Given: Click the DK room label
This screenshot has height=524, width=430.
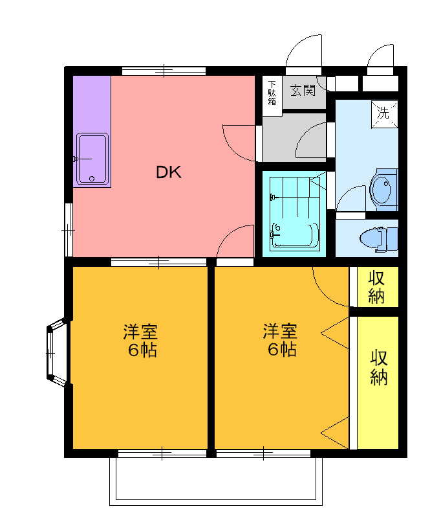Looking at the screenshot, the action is coord(169,172).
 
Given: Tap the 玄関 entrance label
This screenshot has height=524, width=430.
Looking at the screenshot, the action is coord(303,90).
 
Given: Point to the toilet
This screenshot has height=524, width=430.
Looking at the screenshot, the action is coord(379,238).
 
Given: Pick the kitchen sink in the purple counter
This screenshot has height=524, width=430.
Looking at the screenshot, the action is coord(92,159).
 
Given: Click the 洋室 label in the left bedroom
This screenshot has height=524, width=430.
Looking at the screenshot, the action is coord(140,332).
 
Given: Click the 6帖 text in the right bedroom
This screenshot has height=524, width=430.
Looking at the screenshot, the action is coord(282,350).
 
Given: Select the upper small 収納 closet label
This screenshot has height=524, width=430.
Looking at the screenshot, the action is coord(376,287).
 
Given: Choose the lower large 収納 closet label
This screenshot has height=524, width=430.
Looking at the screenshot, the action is coord(379,367).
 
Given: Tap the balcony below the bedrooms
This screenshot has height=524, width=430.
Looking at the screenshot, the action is coord(216,481).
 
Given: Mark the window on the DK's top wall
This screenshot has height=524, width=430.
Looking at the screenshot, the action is coord(164,71).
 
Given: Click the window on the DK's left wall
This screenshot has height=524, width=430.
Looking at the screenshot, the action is coord(69,229).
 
